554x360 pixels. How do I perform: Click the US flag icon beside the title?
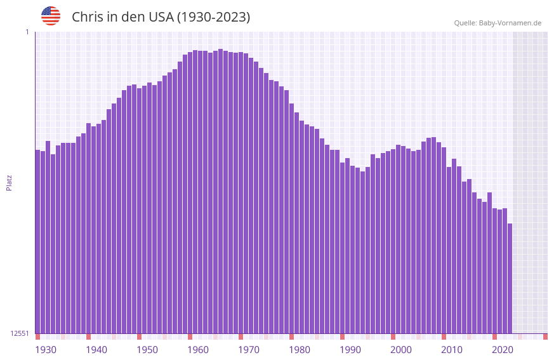click(51, 16)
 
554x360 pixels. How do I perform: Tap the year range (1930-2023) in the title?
click(213, 17)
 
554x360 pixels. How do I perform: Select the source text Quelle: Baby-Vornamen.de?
click(498, 23)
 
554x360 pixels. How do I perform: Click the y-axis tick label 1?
click(27, 32)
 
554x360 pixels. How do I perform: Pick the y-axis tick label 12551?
click(20, 333)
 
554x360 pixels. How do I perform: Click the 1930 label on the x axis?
click(46, 350)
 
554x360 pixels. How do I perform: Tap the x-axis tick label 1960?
click(198, 350)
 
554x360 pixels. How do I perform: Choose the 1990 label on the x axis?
click(350, 350)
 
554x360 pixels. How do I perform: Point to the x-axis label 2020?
click(503, 350)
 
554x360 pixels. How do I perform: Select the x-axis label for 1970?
click(249, 350)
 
